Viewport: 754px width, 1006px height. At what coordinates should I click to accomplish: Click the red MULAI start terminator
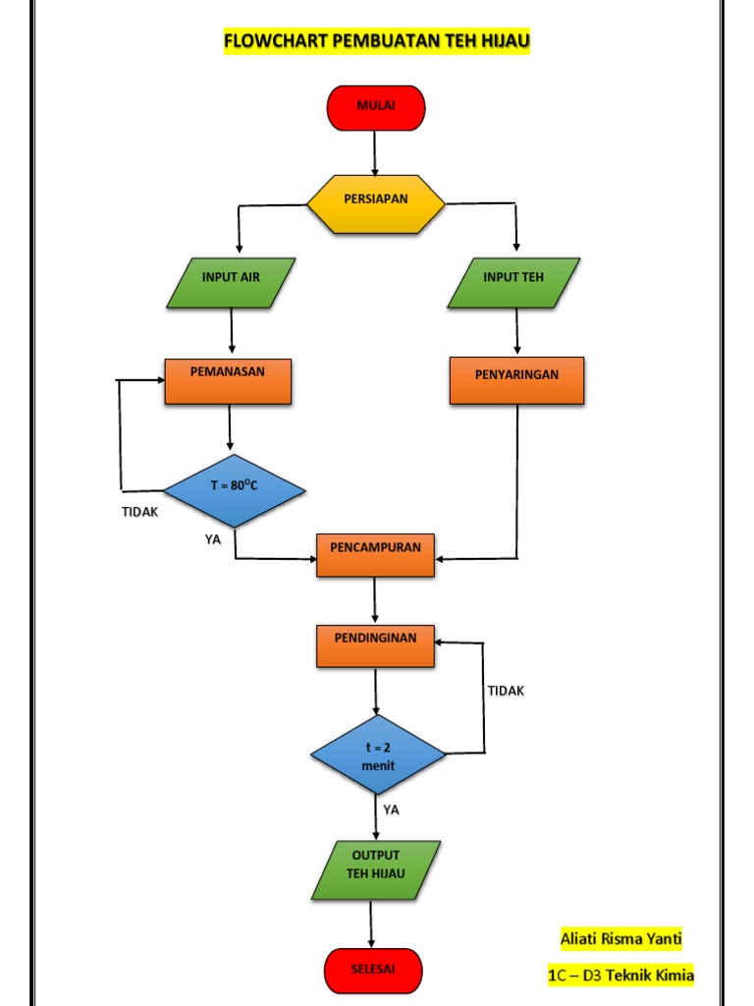pos(376,107)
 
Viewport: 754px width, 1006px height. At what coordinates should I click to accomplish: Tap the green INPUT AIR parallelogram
pos(231,282)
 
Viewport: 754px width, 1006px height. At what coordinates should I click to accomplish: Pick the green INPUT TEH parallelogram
pos(513,282)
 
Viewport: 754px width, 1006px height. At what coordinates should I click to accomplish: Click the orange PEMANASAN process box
pos(228,380)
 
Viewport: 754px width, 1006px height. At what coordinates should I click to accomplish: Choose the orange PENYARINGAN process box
pos(516,380)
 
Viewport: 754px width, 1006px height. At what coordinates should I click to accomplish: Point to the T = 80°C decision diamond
pos(234,490)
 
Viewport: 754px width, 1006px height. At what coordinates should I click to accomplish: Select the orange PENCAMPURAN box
pos(375,555)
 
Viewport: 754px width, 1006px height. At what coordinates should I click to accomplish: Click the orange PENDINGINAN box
pos(375,644)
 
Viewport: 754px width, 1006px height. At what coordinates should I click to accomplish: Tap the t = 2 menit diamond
pos(378,755)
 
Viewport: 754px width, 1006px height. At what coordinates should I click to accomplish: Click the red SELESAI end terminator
pos(373,970)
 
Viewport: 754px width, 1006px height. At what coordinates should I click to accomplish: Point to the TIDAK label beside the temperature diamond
pos(139,512)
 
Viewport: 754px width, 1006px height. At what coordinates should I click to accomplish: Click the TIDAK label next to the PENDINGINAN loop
pos(507,691)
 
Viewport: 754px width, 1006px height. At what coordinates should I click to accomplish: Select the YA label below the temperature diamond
pos(213,538)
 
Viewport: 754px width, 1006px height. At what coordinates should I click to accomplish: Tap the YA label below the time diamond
pos(392,810)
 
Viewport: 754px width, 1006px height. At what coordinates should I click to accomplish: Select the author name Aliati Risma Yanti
pos(620,939)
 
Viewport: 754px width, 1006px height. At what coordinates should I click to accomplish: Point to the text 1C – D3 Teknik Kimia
pos(620,976)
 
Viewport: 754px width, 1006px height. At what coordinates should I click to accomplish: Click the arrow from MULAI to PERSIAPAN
pos(375,152)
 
